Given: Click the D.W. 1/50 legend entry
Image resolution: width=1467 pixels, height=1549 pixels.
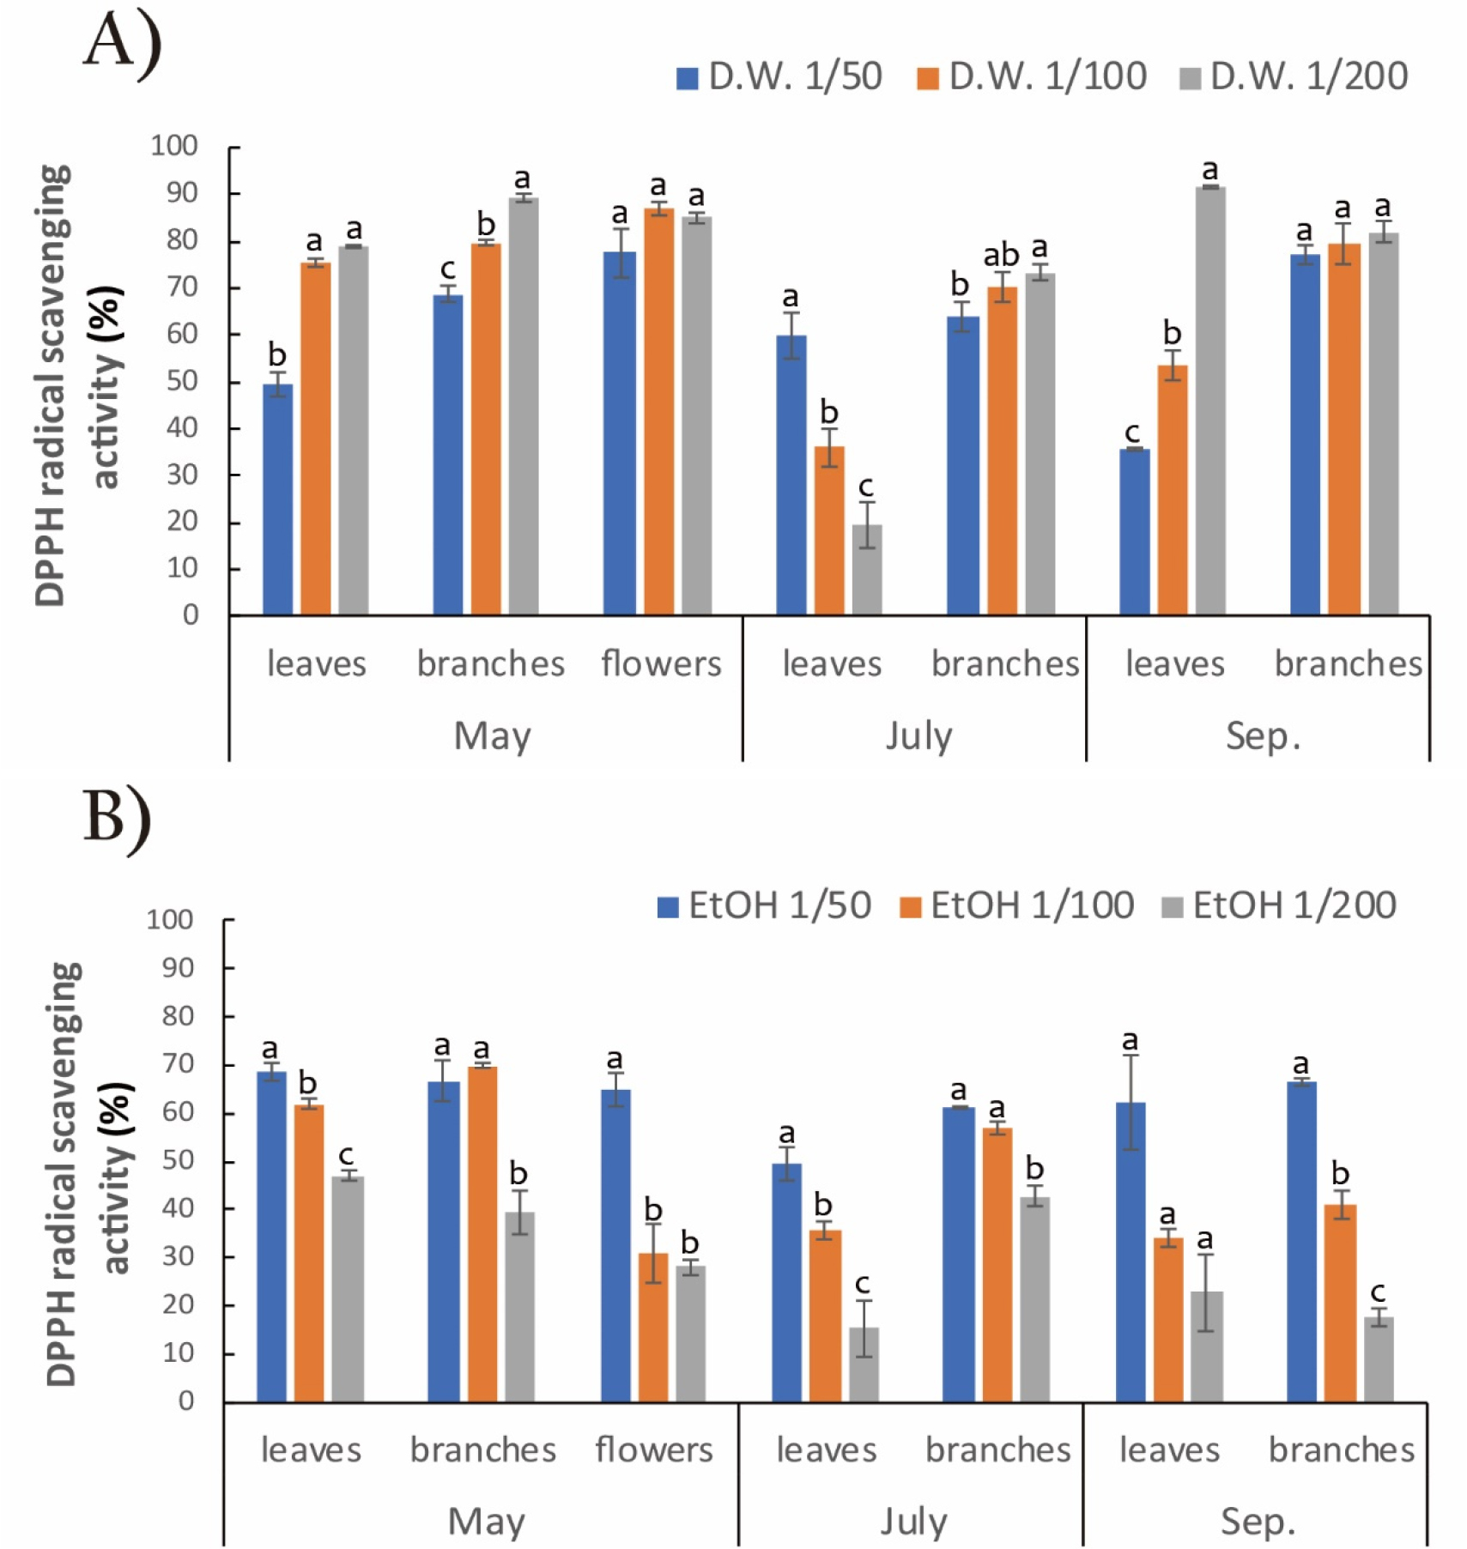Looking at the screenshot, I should click(779, 77).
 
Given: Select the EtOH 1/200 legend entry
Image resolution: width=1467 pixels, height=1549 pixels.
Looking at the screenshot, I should click(1279, 906).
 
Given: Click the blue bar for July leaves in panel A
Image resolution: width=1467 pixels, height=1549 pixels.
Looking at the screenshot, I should click(791, 475).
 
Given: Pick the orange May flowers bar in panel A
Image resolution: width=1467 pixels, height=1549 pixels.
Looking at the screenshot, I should click(658, 412).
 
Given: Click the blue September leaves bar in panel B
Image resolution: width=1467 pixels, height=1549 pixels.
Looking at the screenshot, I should click(1131, 1252).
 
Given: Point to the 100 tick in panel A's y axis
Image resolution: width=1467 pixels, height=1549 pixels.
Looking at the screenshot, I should click(174, 146).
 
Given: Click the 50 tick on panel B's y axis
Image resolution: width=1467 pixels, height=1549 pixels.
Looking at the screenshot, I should click(170, 1160).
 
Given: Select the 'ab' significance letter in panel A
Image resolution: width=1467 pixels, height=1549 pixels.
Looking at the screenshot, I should click(1001, 256).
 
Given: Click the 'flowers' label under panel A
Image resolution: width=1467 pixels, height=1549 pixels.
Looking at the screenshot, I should click(661, 664).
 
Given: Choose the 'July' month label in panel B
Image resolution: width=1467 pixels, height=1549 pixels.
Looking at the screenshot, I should click(913, 1522).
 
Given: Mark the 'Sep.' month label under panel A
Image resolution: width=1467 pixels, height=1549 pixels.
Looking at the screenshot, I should click(1263, 736).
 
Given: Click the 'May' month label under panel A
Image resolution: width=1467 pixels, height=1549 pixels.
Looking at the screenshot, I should click(492, 736).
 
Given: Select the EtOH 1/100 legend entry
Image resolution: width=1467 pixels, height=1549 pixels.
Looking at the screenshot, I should click(1017, 906).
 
